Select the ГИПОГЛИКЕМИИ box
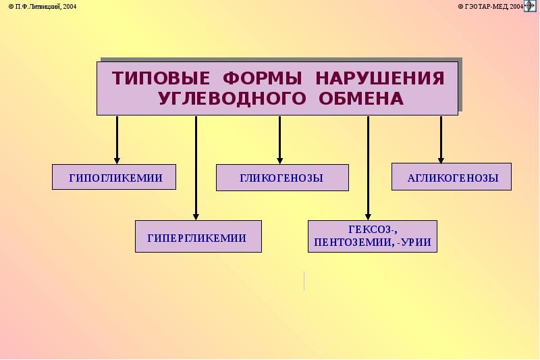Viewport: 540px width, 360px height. (x=114, y=177)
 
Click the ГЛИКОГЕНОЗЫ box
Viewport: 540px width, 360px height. (x=282, y=177)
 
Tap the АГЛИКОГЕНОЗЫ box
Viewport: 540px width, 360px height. (x=452, y=177)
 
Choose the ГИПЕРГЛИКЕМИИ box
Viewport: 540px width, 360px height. (x=198, y=236)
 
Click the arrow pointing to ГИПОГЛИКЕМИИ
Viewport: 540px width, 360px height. (x=117, y=139)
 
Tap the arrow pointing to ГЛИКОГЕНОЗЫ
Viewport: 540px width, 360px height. (x=279, y=139)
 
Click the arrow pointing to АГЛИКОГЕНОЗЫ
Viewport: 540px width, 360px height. (x=441, y=139)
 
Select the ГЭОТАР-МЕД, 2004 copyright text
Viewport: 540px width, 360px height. (x=489, y=6)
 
